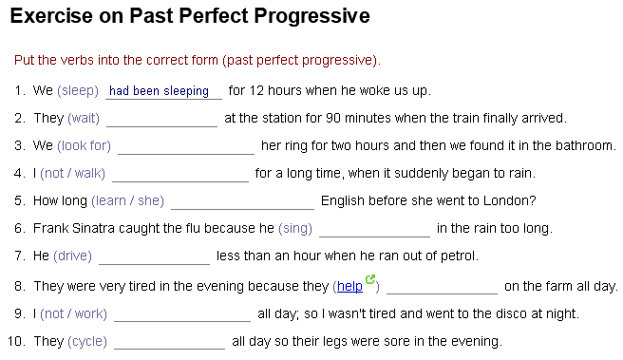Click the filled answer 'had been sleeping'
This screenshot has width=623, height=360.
[x=160, y=91]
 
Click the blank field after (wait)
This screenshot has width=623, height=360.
[x=161, y=119]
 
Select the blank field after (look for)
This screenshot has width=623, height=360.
[x=186, y=146]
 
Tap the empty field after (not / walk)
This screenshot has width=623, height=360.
[x=180, y=174]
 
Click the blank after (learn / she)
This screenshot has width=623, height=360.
[x=242, y=201]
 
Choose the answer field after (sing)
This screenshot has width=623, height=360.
[x=374, y=229]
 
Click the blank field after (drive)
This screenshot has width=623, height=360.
[x=154, y=256]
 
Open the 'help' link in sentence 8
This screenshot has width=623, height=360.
[x=349, y=286]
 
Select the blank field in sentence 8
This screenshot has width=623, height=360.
[x=442, y=286]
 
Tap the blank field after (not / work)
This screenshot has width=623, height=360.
[x=182, y=313]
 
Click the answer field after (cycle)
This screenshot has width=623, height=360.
[x=169, y=341]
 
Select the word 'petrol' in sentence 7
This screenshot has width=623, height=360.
[x=457, y=256]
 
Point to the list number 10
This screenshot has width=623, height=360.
[x=16, y=341]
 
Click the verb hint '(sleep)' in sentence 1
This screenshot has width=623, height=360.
[x=78, y=91]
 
